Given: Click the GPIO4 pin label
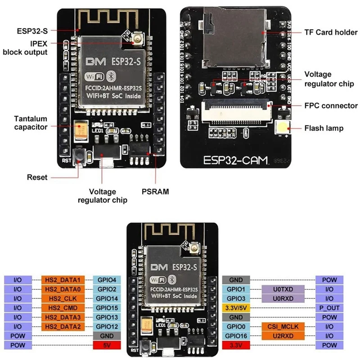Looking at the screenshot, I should (106, 279).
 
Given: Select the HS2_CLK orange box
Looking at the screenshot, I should (63, 298).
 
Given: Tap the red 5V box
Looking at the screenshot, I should (106, 345).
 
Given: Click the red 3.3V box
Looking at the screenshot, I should (236, 345).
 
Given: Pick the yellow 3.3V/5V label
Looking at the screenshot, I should (236, 308).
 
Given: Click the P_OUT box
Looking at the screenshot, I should (329, 308).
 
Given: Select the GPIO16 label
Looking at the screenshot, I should (236, 336).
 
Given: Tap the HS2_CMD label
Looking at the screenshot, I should (63, 308).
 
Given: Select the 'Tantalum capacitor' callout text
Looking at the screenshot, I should (31, 123).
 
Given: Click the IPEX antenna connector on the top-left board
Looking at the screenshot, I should (135, 42).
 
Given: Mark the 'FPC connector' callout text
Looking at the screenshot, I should (331, 106).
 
